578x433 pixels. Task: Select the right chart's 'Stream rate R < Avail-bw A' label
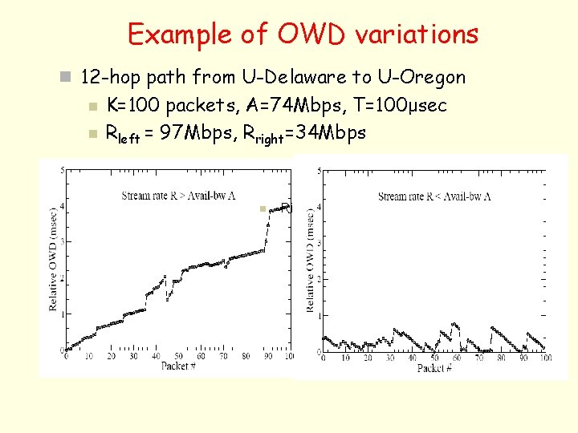click(x=434, y=196)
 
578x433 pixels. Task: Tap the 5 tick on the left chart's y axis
click(x=63, y=169)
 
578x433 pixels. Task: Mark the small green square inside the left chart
click(x=262, y=208)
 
